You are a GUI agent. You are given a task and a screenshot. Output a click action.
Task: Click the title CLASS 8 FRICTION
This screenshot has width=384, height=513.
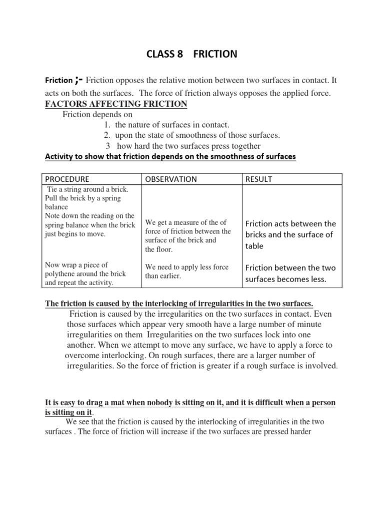coord(191,54)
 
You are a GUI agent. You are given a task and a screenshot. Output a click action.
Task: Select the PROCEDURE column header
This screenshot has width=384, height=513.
coord(67,179)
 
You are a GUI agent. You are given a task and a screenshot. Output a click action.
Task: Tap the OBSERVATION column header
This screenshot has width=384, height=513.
coord(170,179)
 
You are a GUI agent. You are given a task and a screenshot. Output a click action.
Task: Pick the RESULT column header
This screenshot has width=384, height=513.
coord(258,179)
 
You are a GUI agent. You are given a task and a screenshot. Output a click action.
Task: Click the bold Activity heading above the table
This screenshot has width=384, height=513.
coord(170,157)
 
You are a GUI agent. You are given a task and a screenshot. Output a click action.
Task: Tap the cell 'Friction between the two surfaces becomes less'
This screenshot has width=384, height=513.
coord(290,273)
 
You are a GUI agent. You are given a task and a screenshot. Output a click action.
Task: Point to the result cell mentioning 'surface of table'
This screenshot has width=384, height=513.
coord(290,234)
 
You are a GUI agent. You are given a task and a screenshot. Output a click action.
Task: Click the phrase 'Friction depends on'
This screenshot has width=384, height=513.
coord(97,114)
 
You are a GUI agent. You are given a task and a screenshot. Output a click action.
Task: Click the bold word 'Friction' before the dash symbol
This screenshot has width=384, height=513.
coord(59,80)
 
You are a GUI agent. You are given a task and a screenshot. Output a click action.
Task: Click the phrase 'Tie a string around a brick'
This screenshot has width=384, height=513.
coord(87,189)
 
